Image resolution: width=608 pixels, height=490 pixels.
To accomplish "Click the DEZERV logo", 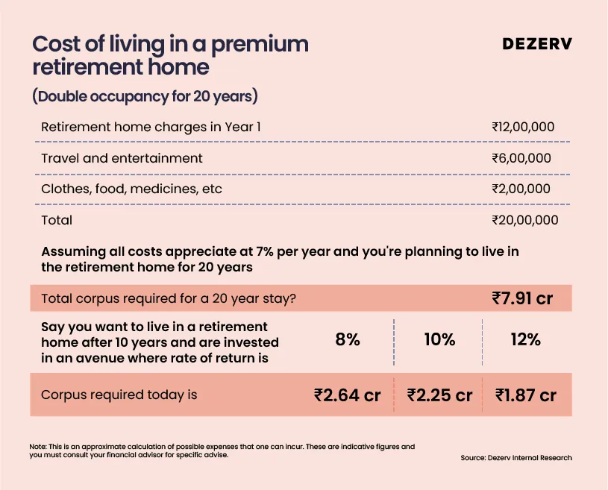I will pyautogui.click(x=537, y=44).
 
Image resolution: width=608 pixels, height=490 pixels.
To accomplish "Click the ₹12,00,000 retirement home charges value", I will pyautogui.click(x=523, y=127).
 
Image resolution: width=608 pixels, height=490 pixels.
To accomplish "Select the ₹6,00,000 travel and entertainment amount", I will pyautogui.click(x=521, y=158).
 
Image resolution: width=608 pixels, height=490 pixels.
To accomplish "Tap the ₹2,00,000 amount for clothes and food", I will pyautogui.click(x=521, y=189).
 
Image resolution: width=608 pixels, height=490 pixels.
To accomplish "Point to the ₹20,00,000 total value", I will pyautogui.click(x=525, y=220).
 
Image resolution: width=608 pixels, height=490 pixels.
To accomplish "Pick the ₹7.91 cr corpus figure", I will pyautogui.click(x=522, y=298).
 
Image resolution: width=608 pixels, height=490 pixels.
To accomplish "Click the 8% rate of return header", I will pyautogui.click(x=348, y=339).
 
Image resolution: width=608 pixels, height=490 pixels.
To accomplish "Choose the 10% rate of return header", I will pyautogui.click(x=439, y=339).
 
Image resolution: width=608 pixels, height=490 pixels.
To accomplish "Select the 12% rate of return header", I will pyautogui.click(x=526, y=339).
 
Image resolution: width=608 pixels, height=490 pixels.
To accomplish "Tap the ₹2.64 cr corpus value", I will pyautogui.click(x=348, y=395).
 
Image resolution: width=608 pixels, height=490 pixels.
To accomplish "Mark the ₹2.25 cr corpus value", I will pyautogui.click(x=439, y=395).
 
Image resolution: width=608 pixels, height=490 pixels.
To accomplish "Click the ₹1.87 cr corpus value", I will pyautogui.click(x=526, y=395).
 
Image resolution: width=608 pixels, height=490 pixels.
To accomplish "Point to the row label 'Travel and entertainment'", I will pyautogui.click(x=122, y=158).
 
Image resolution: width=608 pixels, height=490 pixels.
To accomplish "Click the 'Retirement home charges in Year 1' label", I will pyautogui.click(x=151, y=127).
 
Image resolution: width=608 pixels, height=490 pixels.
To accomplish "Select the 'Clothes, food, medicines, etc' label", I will pyautogui.click(x=131, y=189).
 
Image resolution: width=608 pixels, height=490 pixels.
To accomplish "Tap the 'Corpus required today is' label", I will pyautogui.click(x=119, y=395).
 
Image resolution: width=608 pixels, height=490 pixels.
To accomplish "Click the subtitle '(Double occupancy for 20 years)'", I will pyautogui.click(x=145, y=96).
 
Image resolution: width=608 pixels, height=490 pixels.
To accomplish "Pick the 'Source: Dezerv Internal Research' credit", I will pyautogui.click(x=516, y=457).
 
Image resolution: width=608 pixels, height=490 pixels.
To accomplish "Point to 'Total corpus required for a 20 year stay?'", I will pyautogui.click(x=169, y=298).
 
